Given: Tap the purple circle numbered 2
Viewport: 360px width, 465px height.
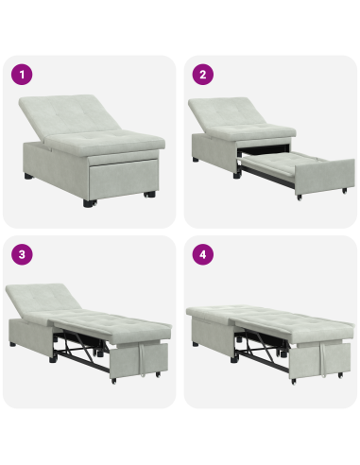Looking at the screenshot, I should pyautogui.click(x=201, y=75).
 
